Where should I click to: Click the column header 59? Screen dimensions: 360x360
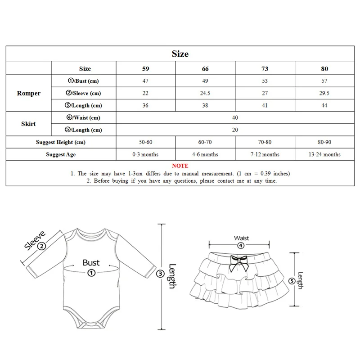click(x=145, y=69)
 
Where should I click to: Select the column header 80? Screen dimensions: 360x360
click(x=324, y=69)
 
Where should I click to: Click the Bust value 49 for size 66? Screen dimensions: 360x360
click(x=205, y=81)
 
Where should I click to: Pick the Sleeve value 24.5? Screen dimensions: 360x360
click(x=205, y=93)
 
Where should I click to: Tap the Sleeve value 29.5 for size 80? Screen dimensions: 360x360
click(x=324, y=93)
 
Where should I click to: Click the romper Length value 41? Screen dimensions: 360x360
click(x=265, y=106)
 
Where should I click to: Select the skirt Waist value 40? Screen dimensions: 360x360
click(x=234, y=118)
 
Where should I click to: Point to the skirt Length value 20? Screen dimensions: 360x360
click(x=234, y=130)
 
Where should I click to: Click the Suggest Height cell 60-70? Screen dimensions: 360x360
click(x=205, y=142)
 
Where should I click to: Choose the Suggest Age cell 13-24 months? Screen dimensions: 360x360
click(x=324, y=154)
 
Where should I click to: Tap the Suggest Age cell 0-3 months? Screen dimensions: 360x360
click(x=145, y=154)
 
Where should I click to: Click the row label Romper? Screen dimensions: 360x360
click(x=29, y=94)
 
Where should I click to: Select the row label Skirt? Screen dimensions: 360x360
click(x=29, y=124)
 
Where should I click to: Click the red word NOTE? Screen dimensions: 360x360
click(x=180, y=166)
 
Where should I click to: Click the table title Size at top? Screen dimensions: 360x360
click(x=180, y=54)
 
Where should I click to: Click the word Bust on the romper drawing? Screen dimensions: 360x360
click(x=91, y=262)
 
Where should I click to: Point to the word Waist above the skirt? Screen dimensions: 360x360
click(x=241, y=238)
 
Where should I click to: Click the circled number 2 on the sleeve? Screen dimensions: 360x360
click(x=41, y=246)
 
